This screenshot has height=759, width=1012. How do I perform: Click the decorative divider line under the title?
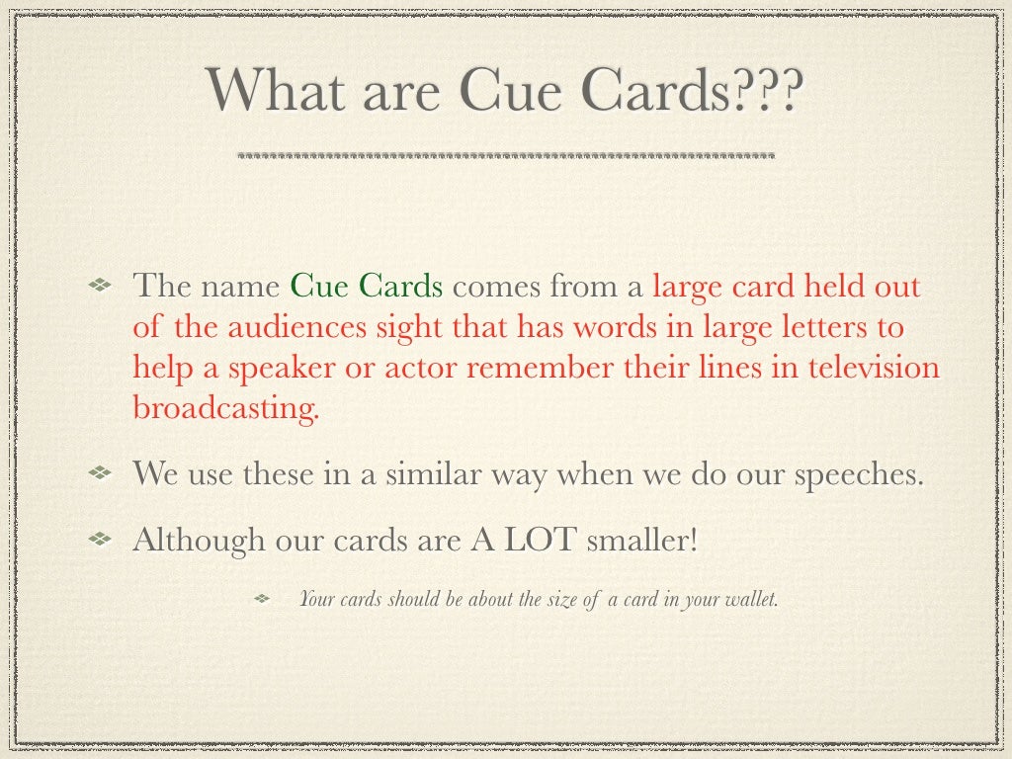coord(506,156)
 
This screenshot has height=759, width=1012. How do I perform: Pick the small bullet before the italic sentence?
coord(263,599)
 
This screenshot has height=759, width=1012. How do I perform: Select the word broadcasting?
coord(226,408)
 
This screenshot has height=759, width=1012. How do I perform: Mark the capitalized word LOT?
coord(541,541)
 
